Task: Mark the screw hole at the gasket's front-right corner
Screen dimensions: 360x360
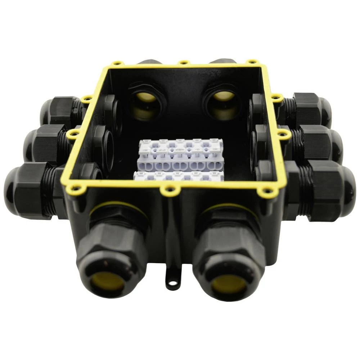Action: [266, 190]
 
